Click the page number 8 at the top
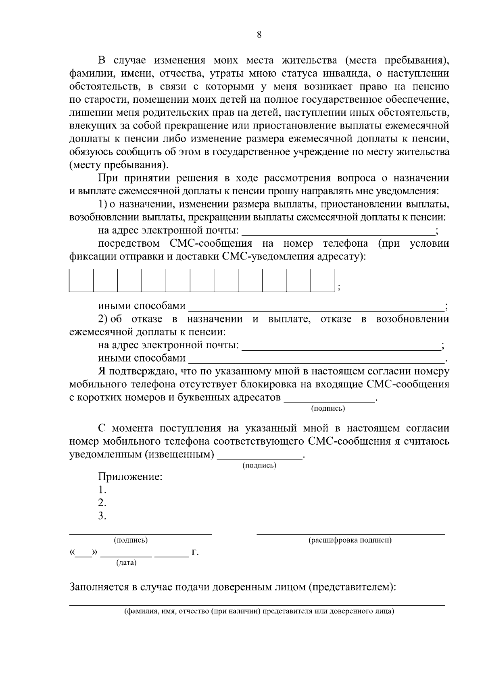tap(259, 35)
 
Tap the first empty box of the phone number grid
tap(81, 280)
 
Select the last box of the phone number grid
tap(323, 280)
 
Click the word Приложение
tap(130, 477)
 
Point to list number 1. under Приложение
tap(102, 490)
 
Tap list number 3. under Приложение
tap(102, 516)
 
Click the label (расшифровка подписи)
tap(350, 540)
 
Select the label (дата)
tap(126, 563)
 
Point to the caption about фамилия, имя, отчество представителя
tap(259, 611)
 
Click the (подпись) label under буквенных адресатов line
tap(328, 409)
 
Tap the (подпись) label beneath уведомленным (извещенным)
tap(259, 466)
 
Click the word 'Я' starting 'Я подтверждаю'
tap(101, 371)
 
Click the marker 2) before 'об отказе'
tap(103, 319)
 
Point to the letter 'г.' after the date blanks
tap(195, 552)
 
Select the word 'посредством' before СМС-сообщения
tap(128, 243)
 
